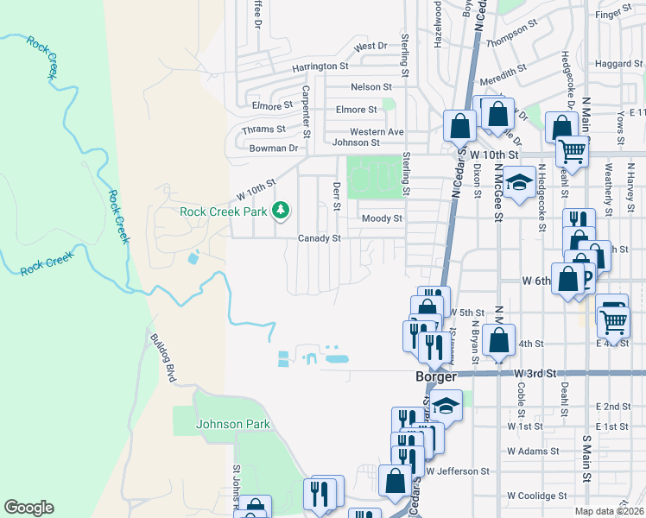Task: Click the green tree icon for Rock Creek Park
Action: pos(281,210)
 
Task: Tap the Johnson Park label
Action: pos(233,424)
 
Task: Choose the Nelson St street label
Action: pos(371,87)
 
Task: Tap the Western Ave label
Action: pos(377,131)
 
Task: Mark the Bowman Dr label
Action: pos(269,148)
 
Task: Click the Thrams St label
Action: pos(263,129)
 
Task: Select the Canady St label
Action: pos(320,238)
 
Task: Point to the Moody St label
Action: pos(382,218)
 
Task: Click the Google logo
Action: pos(28,508)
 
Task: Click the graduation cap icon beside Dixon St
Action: pos(518,183)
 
